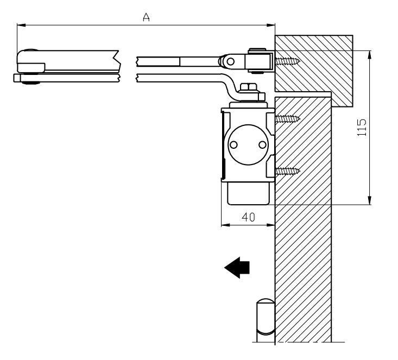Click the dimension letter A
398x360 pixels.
coord(146,17)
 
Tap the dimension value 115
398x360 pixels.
coord(362,128)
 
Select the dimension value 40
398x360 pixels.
coord(248,217)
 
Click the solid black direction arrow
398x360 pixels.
coord(237,268)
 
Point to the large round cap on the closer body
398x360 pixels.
coord(248,145)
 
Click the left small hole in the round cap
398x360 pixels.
coord(233,145)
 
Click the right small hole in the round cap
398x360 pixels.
coord(262,145)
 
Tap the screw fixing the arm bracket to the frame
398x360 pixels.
coord(287,61)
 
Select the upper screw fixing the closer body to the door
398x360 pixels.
coord(287,118)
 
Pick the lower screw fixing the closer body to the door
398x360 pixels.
coord(287,172)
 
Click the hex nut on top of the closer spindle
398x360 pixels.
coord(248,87)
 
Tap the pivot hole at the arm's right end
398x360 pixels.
coord(230,61)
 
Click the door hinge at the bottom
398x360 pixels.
coord(266,320)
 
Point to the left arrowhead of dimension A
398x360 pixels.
coord(21,25)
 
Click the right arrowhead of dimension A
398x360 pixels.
coord(270,25)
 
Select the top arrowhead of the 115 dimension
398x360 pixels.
coord(370,55)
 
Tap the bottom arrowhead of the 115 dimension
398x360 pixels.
coord(370,200)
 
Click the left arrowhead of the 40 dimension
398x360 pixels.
coord(225,225)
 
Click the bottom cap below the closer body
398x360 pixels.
coord(248,193)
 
